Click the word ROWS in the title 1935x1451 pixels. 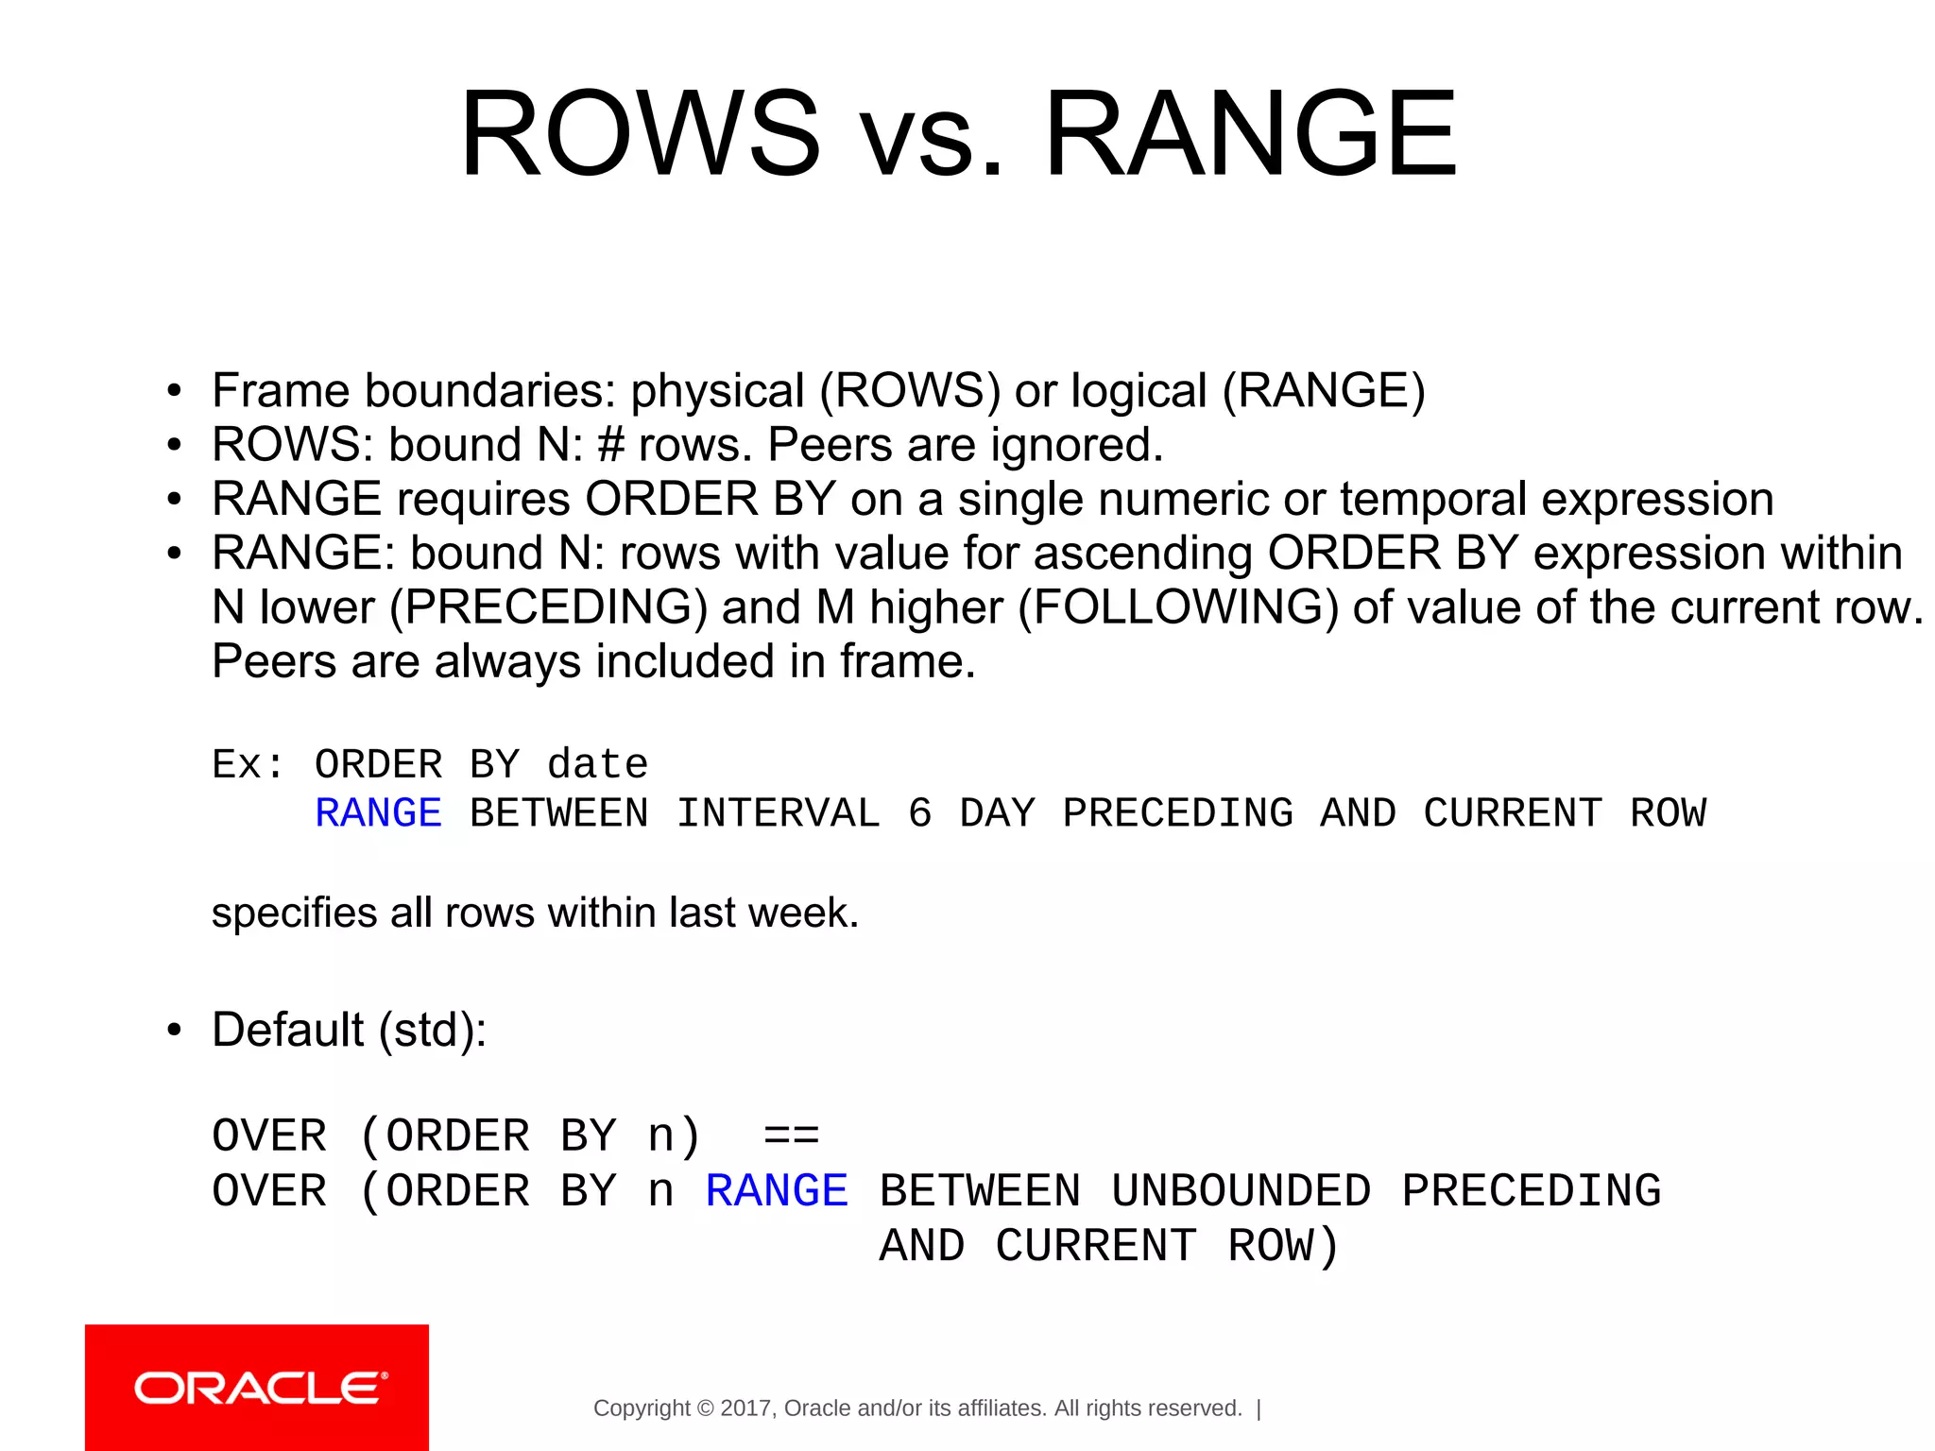point(640,134)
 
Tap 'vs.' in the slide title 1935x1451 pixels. point(932,142)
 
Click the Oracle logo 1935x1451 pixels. point(257,1388)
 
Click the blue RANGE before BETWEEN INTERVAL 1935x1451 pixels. point(378,813)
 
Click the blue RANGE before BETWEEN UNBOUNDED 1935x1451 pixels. point(777,1190)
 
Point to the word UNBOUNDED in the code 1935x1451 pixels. point(1241,1190)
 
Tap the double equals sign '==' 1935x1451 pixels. point(791,1136)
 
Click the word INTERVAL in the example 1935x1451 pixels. point(778,813)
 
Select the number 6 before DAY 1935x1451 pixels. point(919,813)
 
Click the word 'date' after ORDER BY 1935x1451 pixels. point(597,764)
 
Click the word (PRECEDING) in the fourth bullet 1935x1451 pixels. point(548,607)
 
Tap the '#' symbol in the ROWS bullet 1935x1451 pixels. point(611,445)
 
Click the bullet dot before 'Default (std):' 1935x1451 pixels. point(173,1031)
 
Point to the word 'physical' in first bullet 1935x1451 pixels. point(717,391)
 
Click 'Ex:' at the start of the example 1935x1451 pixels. point(247,764)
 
